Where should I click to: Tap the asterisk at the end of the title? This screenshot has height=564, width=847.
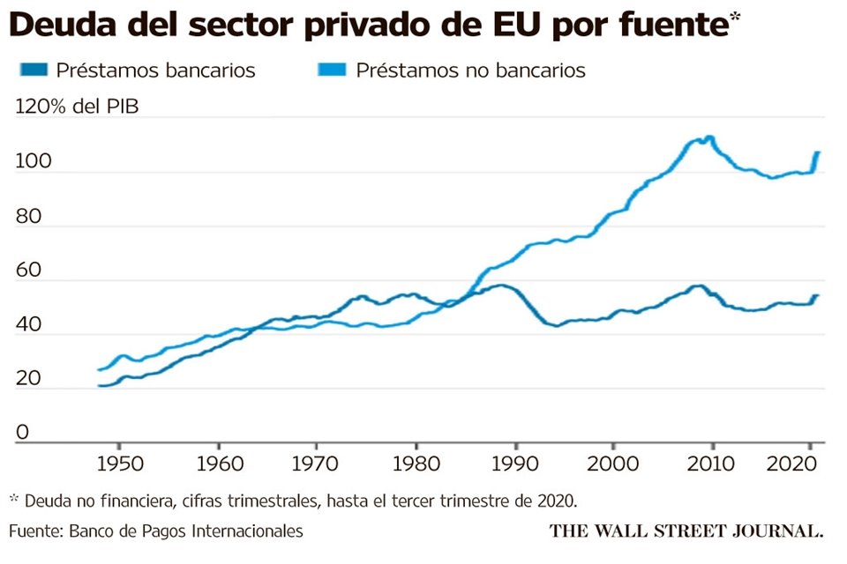click(x=734, y=20)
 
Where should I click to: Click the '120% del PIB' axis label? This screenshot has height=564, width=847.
click(x=77, y=108)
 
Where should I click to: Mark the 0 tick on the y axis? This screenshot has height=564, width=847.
click(x=22, y=433)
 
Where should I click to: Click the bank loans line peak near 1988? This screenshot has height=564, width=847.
click(x=500, y=285)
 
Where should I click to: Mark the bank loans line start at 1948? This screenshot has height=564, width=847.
click(x=100, y=385)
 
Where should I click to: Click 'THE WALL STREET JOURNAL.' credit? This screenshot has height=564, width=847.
click(x=686, y=531)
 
